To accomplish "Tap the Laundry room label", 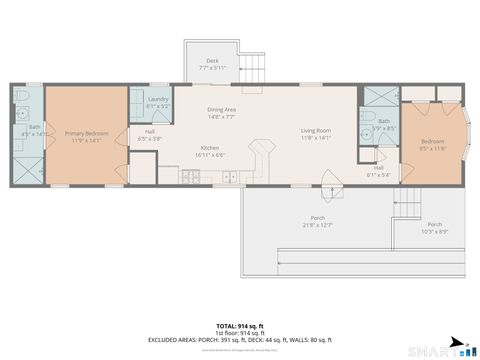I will (x=158, y=100).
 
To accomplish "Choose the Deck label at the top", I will (x=212, y=62).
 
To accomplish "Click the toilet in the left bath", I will (x=23, y=97).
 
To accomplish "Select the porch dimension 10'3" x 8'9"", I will (x=434, y=228).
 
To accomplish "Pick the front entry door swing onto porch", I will (x=329, y=181).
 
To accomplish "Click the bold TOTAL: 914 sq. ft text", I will (x=240, y=326).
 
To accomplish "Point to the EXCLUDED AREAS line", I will (x=240, y=341).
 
